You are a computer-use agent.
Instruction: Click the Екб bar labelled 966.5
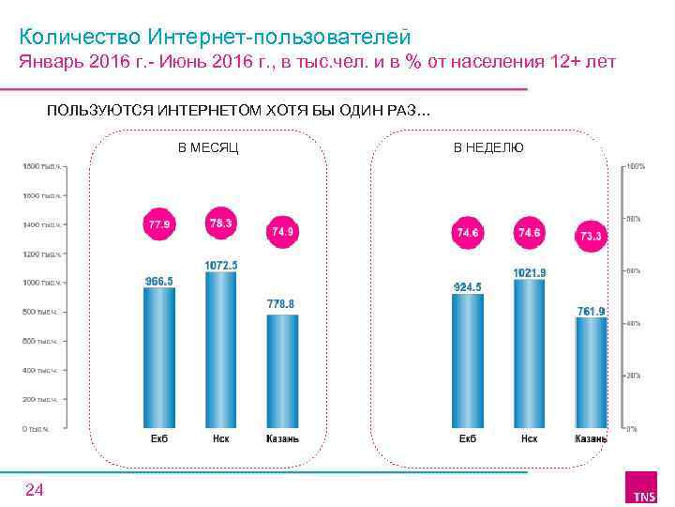[159, 357]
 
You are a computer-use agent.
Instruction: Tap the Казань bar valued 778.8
[283, 371]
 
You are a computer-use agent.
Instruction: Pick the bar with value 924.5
[468, 361]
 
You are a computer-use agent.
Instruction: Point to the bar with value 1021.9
[529, 353]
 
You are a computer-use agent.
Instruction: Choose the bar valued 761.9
[592, 373]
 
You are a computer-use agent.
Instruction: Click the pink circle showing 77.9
[158, 225]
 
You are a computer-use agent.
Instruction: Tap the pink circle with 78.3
[221, 223]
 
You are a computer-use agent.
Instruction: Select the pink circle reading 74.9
[283, 231]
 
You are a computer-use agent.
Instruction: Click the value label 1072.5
[221, 266]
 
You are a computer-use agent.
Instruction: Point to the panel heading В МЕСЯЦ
[208, 147]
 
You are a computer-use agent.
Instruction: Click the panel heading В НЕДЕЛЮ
[488, 147]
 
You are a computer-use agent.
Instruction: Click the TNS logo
[644, 490]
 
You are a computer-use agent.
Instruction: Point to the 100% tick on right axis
[635, 166]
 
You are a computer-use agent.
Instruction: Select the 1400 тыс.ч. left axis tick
[42, 225]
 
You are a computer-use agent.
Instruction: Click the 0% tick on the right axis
[632, 429]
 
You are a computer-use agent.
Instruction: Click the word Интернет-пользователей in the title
[279, 37]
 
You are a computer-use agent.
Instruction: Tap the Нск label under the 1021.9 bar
[529, 438]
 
